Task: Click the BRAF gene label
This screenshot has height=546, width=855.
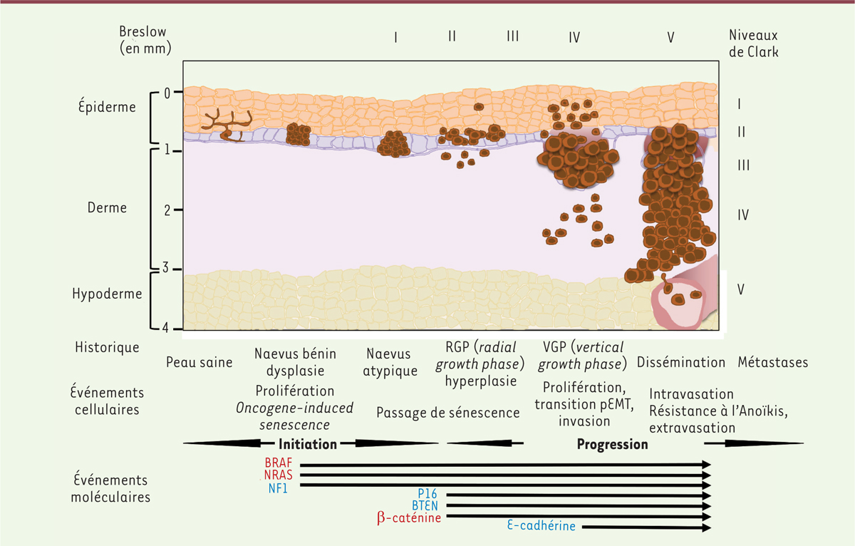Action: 278,463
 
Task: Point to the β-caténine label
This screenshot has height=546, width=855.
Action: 409,517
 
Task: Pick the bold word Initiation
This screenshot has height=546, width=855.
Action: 307,444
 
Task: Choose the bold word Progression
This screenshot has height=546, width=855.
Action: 612,444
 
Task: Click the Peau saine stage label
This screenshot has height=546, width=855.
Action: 199,362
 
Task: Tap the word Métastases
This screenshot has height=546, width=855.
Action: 773,362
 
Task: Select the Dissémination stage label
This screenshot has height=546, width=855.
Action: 680,362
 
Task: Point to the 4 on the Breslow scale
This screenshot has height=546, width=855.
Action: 165,329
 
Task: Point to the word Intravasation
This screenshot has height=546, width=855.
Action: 691,394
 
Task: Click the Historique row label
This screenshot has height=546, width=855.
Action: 107,347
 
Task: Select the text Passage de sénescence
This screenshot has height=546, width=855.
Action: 447,413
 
